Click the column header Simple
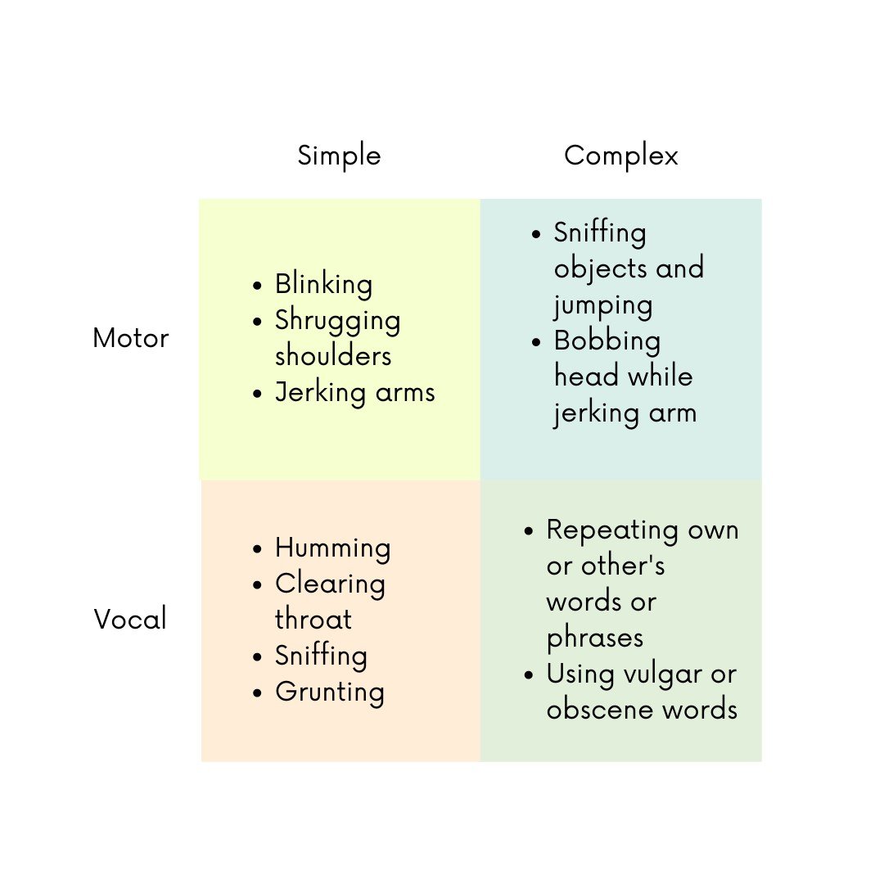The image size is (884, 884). (x=340, y=156)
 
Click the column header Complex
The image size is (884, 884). (x=620, y=156)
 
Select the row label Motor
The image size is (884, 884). (x=131, y=338)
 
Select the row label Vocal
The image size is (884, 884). (x=130, y=619)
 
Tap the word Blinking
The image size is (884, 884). (x=323, y=285)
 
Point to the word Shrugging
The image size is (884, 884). (x=338, y=321)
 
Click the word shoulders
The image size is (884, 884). (x=333, y=356)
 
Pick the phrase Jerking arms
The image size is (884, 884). (x=355, y=392)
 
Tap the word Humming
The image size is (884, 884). (x=332, y=548)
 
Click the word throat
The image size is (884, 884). (x=313, y=619)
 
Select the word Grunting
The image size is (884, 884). (x=330, y=692)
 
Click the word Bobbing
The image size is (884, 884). (x=607, y=341)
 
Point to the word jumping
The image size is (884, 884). (x=603, y=306)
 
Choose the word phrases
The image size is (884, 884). (x=595, y=638)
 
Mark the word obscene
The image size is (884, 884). (x=600, y=710)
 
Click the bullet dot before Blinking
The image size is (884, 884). (x=258, y=286)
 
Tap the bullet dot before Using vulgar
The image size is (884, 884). (x=529, y=674)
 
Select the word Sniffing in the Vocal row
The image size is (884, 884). (x=322, y=656)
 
